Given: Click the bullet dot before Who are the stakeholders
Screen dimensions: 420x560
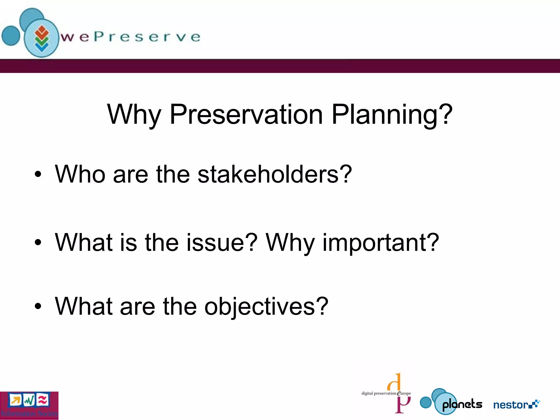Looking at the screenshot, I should (38, 174).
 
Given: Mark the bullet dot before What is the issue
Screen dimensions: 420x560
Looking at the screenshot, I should (38, 242).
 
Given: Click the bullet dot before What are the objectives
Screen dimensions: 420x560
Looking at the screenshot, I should (38, 306).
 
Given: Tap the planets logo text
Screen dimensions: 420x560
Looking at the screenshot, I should (462, 404).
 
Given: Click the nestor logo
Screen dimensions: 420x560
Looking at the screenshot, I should (516, 404).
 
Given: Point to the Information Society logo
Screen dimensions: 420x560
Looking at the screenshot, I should (29, 405).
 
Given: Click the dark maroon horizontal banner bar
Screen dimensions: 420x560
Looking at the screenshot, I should (280, 66).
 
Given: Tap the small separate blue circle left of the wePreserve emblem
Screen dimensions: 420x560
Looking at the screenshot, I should (11, 36).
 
